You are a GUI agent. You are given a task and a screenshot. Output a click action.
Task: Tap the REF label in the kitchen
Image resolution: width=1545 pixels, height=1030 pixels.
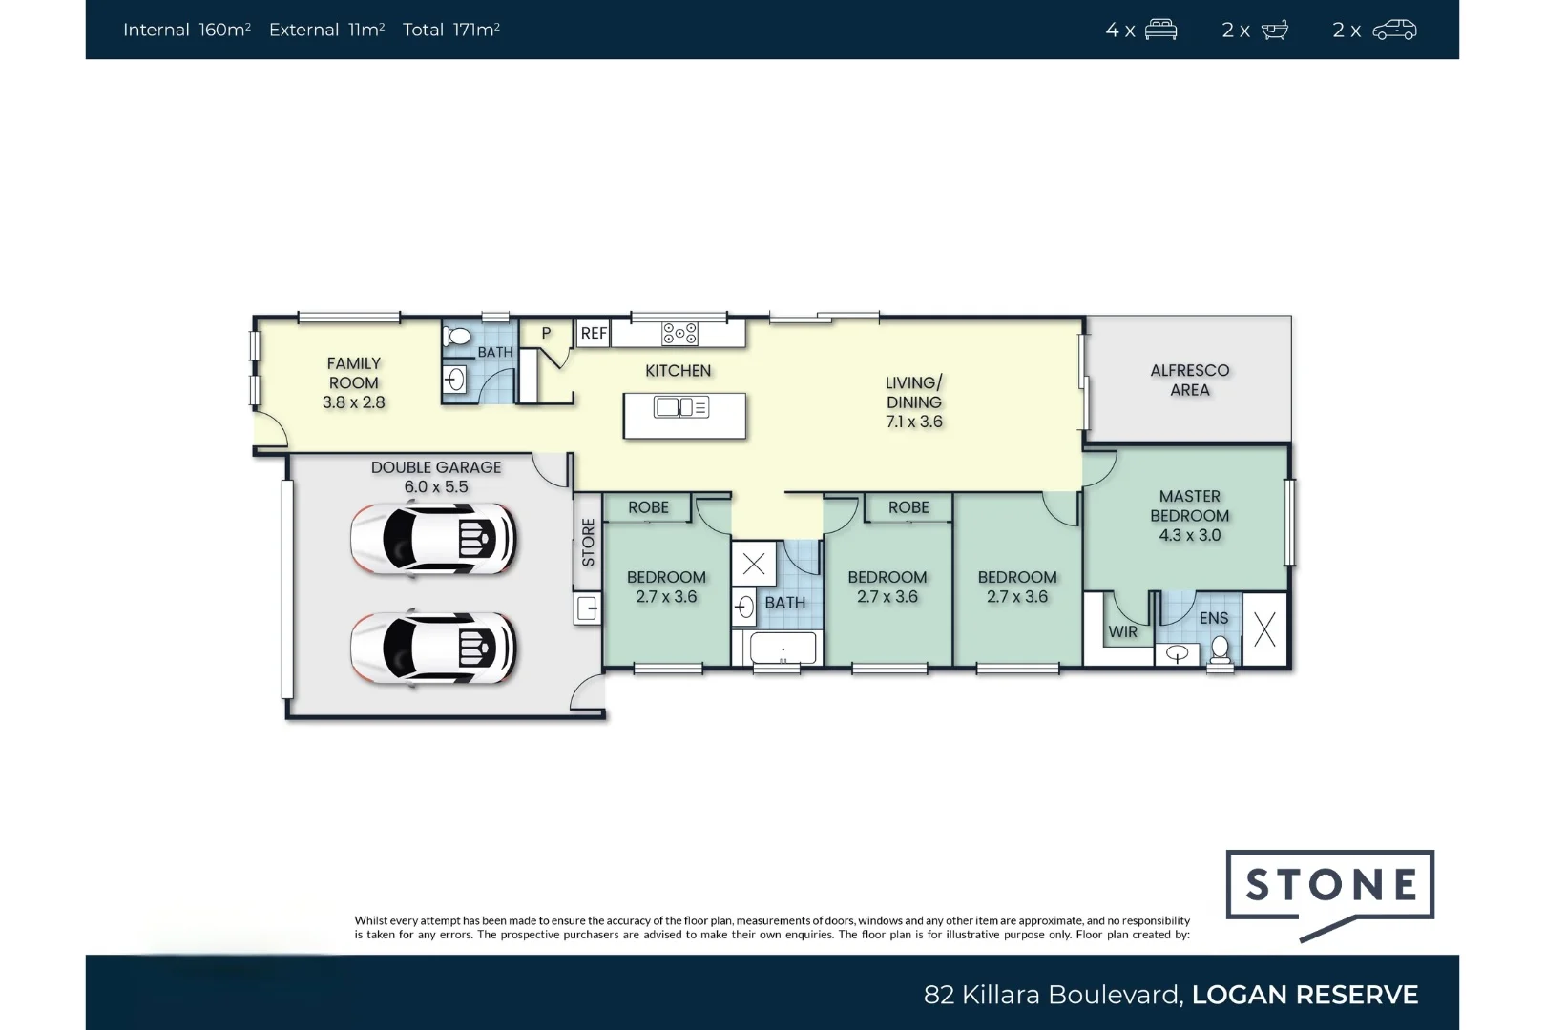point(594,334)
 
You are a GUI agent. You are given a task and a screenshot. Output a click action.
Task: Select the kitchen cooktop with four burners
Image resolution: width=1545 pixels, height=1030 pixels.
point(679,334)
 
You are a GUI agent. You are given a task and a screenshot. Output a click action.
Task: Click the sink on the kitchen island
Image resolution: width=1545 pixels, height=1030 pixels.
point(680,407)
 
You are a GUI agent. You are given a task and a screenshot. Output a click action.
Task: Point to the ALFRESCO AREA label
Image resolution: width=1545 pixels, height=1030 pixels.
point(1189,380)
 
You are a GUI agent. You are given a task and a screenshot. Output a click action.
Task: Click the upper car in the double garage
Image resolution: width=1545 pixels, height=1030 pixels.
point(432,539)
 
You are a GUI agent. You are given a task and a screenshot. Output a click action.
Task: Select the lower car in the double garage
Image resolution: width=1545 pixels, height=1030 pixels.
point(432,649)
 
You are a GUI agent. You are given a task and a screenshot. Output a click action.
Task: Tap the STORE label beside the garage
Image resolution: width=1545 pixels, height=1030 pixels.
point(589,543)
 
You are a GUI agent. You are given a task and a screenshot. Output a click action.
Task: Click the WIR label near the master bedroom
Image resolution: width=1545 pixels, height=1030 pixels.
point(1122,631)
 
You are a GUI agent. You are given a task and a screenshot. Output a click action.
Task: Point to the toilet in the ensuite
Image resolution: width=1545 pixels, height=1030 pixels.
point(1220,650)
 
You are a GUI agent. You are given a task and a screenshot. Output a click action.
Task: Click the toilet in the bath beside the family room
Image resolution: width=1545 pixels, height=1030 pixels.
point(456,337)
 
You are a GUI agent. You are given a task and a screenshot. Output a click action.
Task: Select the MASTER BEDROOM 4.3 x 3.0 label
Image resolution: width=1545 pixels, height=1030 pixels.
point(1189,516)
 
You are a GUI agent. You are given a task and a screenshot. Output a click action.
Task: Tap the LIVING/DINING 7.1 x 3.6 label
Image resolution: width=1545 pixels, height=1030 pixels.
point(914,402)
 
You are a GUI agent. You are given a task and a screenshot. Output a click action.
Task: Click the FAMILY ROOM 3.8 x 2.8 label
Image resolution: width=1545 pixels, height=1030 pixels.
point(354,382)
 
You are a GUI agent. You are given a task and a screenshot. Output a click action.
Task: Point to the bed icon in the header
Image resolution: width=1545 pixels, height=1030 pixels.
point(1160,30)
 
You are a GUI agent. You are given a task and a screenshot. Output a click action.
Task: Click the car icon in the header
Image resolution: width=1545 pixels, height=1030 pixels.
point(1394,30)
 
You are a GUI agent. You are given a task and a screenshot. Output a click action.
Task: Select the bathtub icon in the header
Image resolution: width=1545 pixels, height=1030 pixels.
point(1275,30)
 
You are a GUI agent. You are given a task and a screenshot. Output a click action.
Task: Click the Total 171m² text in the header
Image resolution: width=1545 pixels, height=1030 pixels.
point(451,30)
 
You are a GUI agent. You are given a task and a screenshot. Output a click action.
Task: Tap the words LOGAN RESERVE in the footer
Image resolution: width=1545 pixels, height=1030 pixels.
point(1305,994)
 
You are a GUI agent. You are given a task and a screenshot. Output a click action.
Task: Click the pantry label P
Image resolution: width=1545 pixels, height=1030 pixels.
point(546,333)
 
